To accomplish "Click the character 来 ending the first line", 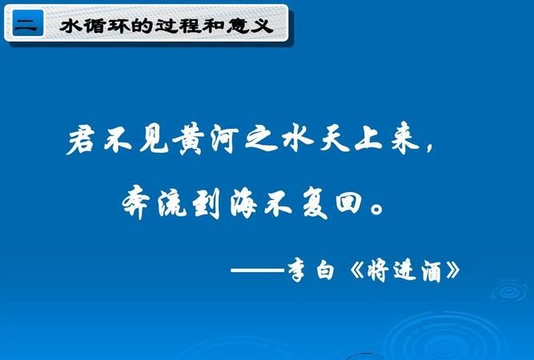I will (x=416, y=142).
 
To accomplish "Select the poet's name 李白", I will (x=315, y=269).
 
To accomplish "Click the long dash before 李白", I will (x=258, y=270).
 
